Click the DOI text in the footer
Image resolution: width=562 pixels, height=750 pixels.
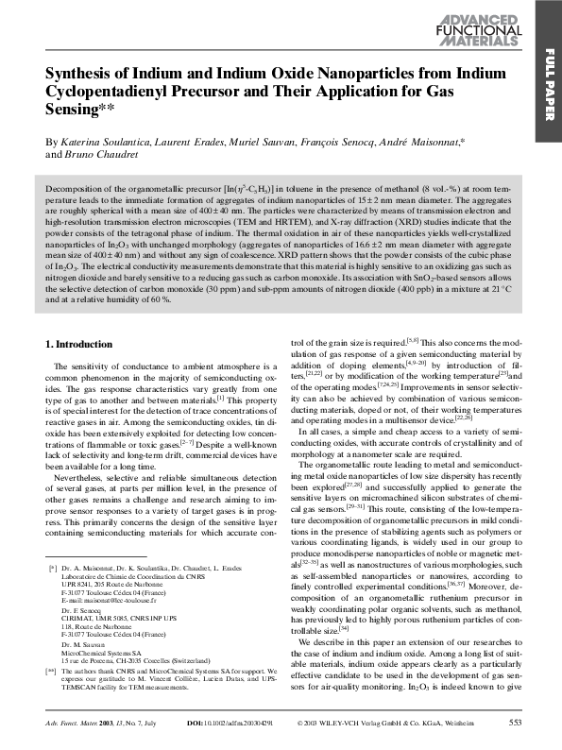point(230,723)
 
